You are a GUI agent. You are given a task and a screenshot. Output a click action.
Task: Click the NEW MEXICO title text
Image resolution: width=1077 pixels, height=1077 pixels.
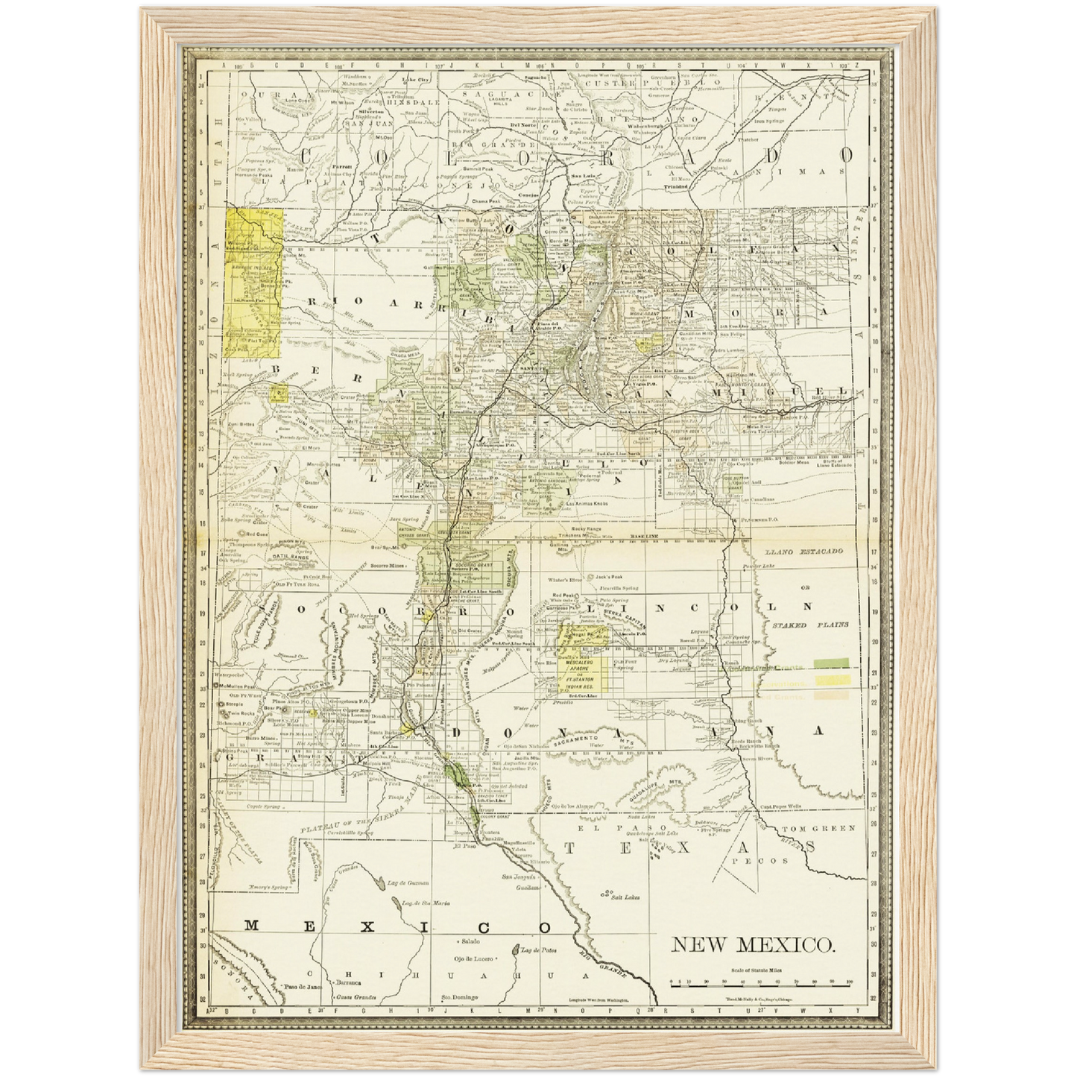(753, 945)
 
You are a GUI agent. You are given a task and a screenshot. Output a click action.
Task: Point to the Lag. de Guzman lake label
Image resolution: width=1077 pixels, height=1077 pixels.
(409, 883)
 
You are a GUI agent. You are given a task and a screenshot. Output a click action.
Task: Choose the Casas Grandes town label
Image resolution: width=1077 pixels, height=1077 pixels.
(355, 997)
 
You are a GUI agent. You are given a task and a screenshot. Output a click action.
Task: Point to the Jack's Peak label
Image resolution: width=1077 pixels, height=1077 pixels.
(608, 578)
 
